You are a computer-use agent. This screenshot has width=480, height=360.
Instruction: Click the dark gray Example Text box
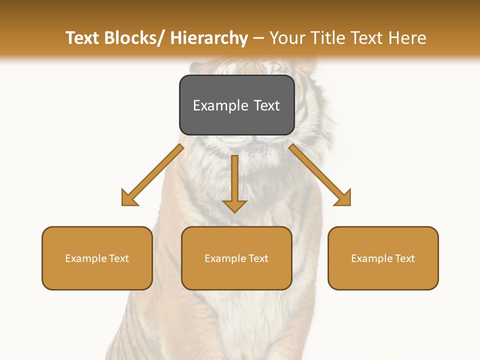point(236,105)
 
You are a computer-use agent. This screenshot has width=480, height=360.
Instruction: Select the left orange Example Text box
point(97,258)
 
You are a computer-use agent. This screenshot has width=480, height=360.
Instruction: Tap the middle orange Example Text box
point(236,258)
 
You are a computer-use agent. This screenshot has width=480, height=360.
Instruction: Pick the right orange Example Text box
point(383,258)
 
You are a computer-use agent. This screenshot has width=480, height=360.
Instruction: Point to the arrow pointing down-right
point(320,175)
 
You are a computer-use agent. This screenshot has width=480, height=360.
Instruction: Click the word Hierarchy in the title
point(209,38)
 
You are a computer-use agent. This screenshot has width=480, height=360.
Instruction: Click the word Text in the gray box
point(266,105)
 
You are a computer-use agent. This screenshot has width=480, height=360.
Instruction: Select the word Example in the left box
point(86,258)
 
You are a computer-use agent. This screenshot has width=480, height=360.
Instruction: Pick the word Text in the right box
point(404,258)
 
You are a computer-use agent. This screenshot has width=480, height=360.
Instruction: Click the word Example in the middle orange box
point(225,258)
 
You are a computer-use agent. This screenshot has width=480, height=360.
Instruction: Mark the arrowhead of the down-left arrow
point(128,198)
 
